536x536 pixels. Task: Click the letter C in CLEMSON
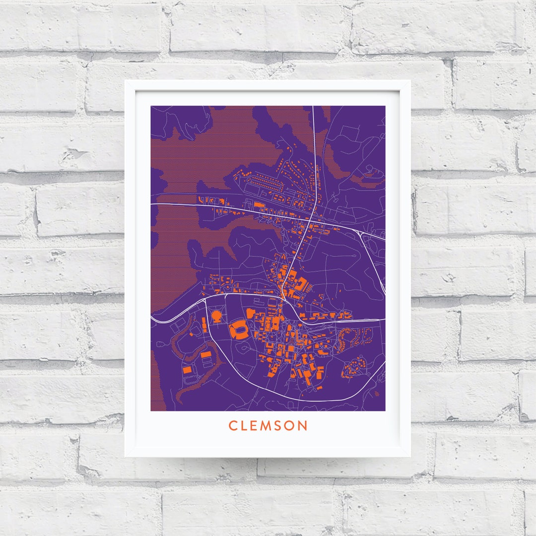tap(232, 426)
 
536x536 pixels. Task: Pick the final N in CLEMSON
tap(304, 426)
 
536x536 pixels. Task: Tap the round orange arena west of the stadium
tap(217, 315)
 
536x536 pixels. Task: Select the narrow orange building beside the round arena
tap(204, 325)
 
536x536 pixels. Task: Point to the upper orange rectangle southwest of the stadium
tap(205, 354)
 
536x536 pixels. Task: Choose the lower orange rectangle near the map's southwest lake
tap(188, 370)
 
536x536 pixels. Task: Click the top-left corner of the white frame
tap(126, 81)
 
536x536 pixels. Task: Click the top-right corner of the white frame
tap(409, 81)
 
